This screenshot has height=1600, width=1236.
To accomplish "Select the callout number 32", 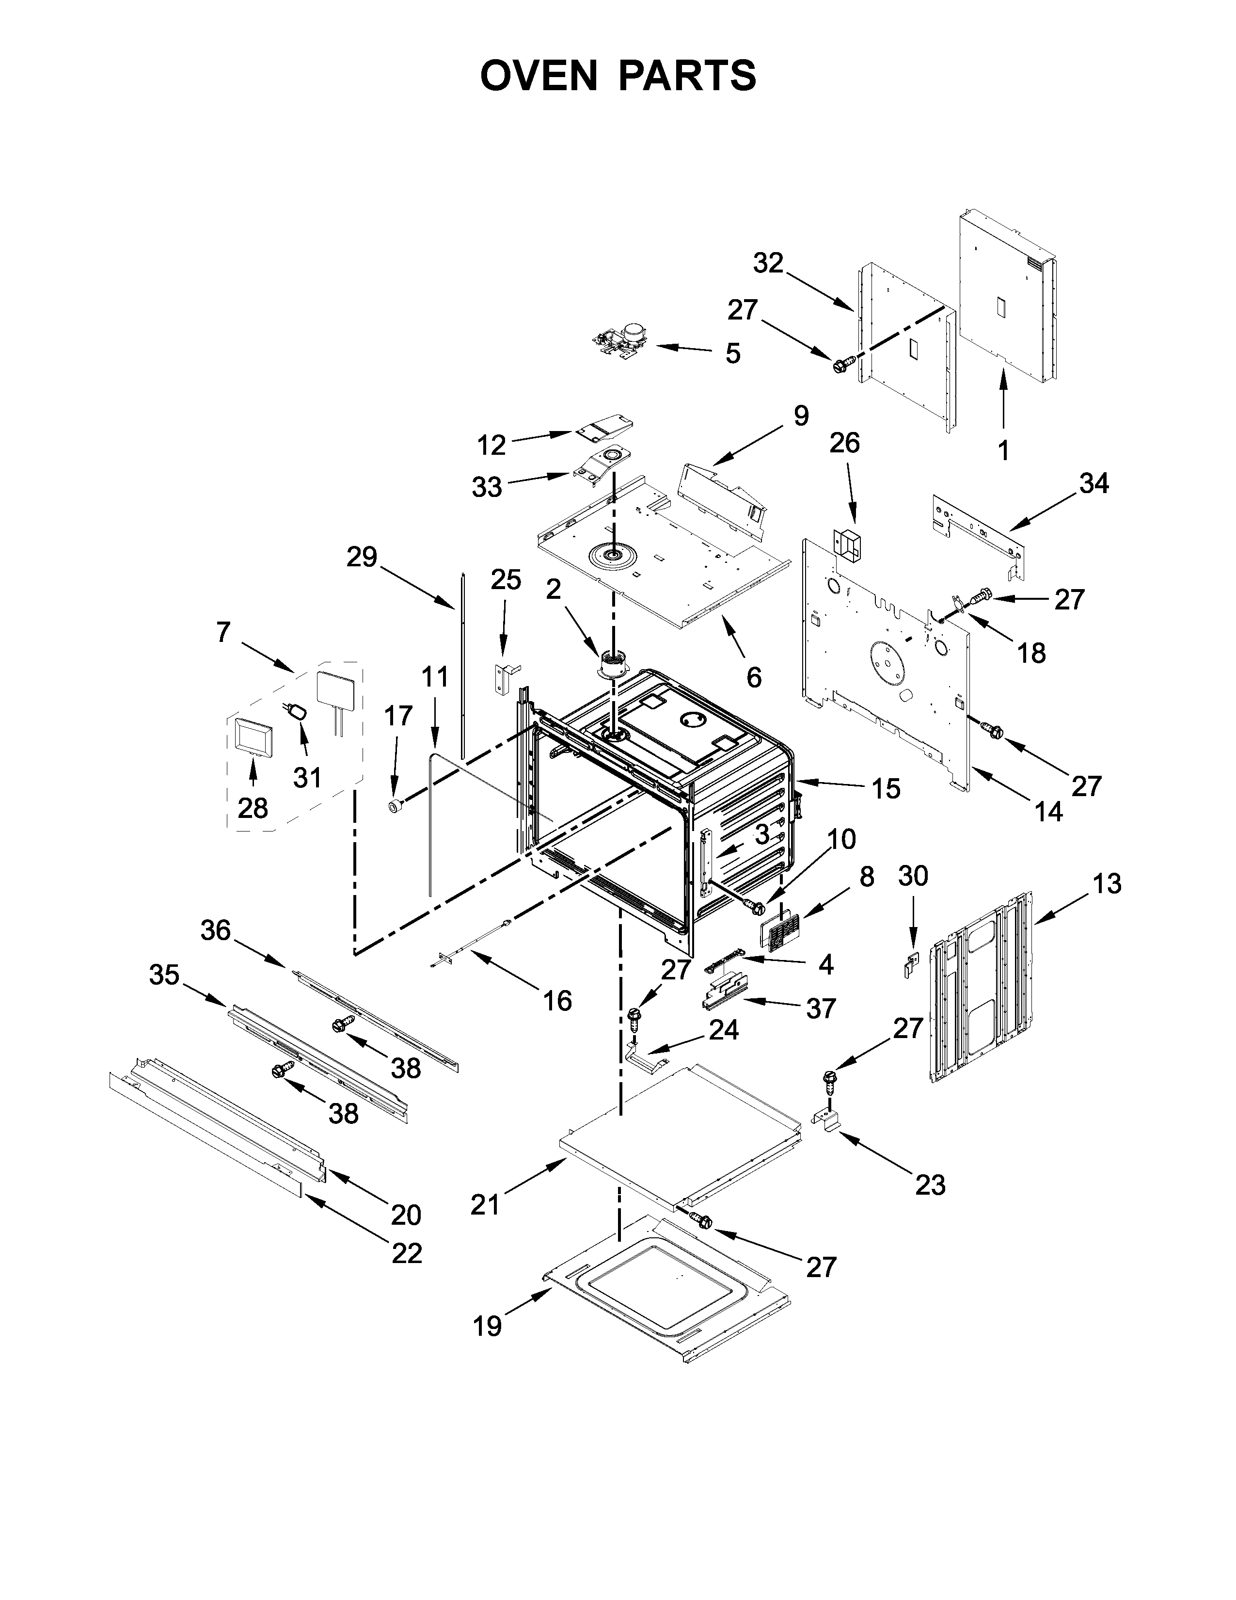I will click(768, 263).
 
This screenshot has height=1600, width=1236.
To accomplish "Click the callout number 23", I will click(930, 1184).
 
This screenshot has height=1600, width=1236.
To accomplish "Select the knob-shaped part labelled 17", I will click(396, 807).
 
